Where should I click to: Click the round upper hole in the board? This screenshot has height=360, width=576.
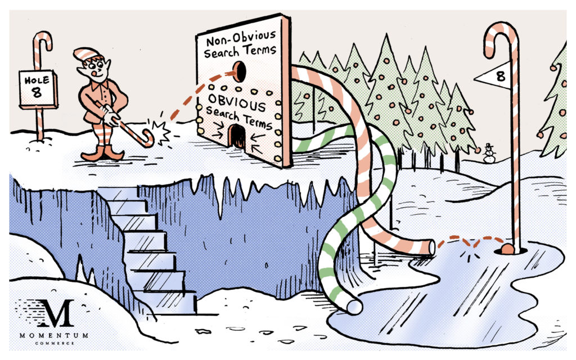(x=240, y=71)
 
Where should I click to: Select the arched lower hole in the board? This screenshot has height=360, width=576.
(x=237, y=136)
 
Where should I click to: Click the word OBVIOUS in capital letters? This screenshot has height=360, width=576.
(x=237, y=101)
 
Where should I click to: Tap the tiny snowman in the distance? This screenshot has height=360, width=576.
(x=489, y=153)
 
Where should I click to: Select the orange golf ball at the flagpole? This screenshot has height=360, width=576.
(x=507, y=249)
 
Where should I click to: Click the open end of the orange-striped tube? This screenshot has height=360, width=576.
(x=431, y=247)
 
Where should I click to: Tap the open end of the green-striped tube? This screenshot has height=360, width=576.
(x=354, y=307)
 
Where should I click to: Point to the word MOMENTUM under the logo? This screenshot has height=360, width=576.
(x=53, y=335)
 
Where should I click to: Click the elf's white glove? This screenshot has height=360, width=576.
(x=110, y=116)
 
